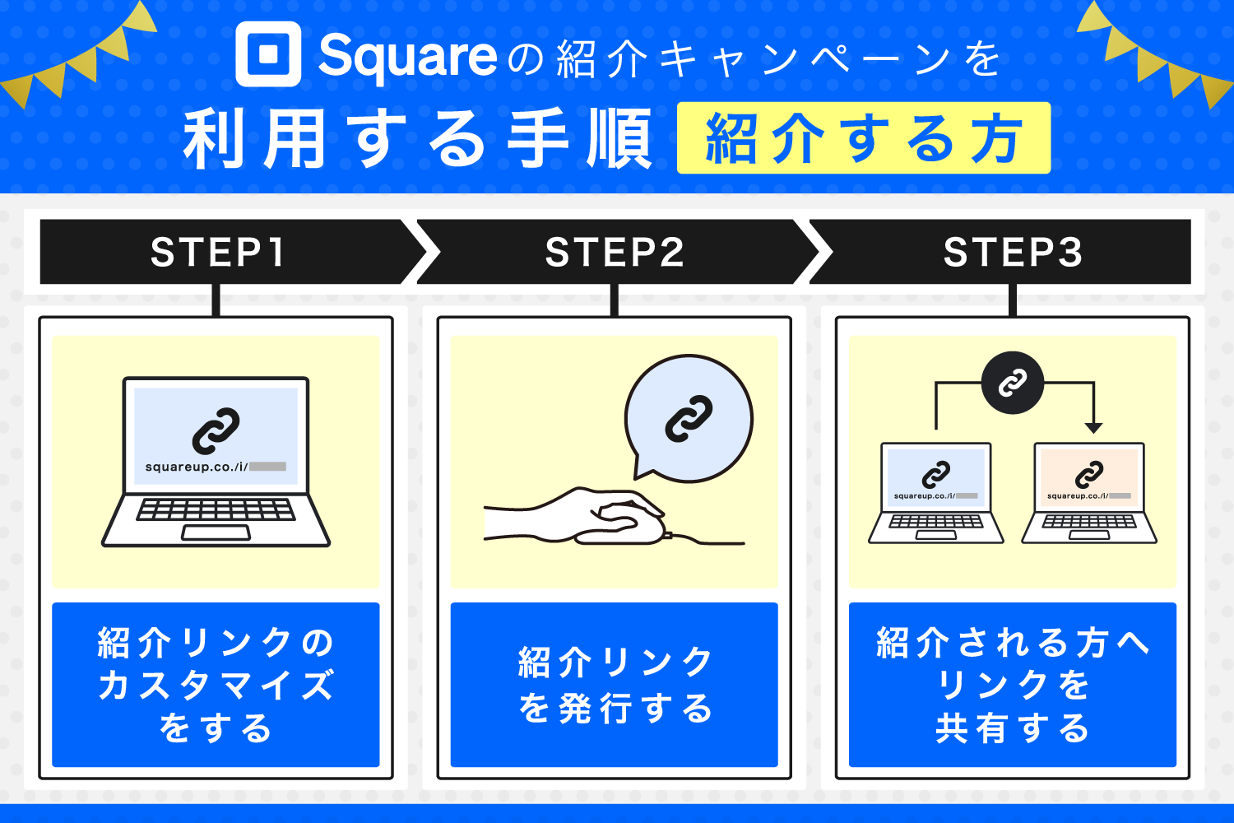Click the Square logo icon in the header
[268, 54]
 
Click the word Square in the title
[407, 56]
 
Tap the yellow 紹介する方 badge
[863, 138]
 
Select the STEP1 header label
[218, 252]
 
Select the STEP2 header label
[615, 252]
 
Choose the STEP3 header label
[1013, 252]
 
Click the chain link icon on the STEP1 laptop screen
[216, 430]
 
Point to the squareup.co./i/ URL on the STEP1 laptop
[197, 467]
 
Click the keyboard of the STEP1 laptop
[216, 509]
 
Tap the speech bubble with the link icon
[689, 418]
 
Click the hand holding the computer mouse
[592, 517]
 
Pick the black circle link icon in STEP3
[1013, 383]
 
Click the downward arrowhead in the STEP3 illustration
[1093, 427]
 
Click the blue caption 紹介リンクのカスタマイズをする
[216, 685]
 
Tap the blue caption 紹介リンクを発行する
[615, 685]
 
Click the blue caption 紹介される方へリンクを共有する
[1013, 685]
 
